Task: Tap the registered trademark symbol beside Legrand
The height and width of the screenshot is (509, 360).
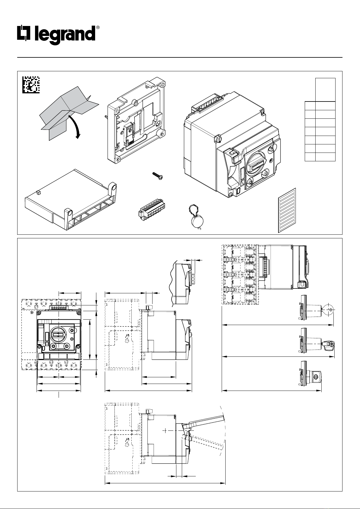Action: click(98, 27)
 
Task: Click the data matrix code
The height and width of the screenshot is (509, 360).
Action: click(31, 85)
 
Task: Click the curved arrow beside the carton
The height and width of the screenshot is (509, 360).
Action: click(76, 127)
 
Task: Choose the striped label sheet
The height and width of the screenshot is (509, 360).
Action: click(287, 211)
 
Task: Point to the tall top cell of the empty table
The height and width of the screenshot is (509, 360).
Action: click(325, 90)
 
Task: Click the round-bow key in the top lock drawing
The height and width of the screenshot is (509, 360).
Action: click(329, 310)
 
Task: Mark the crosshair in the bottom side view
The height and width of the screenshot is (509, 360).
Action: click(165, 430)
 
